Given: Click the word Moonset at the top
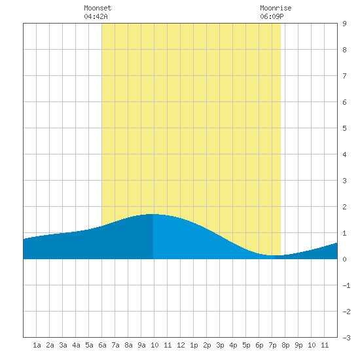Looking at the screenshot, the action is click(x=98, y=8).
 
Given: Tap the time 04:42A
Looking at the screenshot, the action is click(x=96, y=16).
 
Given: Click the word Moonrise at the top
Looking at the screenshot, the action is click(x=276, y=8).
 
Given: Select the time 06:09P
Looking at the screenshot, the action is click(x=272, y=16).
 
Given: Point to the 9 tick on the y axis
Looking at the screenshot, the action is click(x=344, y=24).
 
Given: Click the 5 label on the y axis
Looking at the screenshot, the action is click(x=344, y=128).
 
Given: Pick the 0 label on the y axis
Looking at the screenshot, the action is click(x=344, y=259).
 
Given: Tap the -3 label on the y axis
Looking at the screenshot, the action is click(x=346, y=338).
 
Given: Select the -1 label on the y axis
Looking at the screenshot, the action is click(x=346, y=285).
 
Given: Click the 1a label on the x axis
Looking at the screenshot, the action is click(x=37, y=345).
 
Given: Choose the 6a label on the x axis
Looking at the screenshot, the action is click(x=102, y=345).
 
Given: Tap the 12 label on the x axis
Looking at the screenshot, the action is click(x=181, y=345).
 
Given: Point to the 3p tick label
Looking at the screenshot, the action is click(x=220, y=345).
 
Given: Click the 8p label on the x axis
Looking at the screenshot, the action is click(x=285, y=345).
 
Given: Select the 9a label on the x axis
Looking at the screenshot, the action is click(x=141, y=345).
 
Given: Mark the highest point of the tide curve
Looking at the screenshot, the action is click(x=153, y=214).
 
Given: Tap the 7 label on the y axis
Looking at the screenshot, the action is click(x=344, y=76).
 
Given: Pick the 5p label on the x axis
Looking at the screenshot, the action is click(x=246, y=345).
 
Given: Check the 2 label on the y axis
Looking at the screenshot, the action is click(x=344, y=207).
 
